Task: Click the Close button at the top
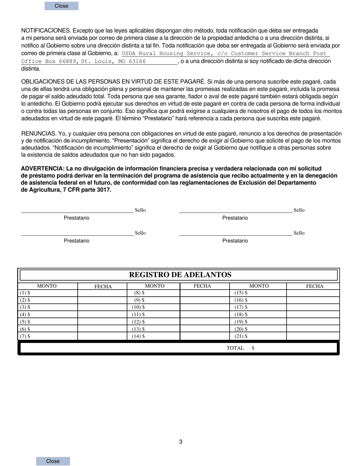tap(61, 6)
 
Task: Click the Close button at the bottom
tap(53, 461)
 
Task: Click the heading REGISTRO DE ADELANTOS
tap(180, 275)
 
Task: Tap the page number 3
tap(181, 442)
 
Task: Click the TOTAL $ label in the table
tap(240, 348)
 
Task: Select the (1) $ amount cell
tap(47, 293)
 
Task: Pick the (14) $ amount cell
tap(153, 336)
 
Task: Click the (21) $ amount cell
tap(258, 336)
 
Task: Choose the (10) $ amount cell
tap(153, 307)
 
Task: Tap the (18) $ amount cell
tap(258, 314)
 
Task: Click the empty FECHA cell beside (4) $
tap(102, 314)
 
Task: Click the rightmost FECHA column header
tap(315, 286)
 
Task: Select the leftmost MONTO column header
tap(47, 286)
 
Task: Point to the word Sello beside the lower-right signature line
tap(299, 233)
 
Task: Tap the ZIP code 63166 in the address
tap(137, 61)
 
